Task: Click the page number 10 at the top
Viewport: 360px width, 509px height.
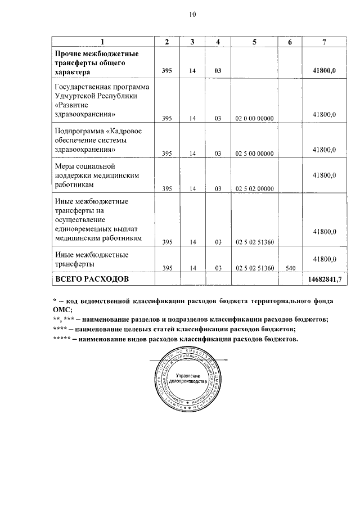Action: [x=192, y=15]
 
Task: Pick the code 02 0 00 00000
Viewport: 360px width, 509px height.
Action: [x=254, y=118]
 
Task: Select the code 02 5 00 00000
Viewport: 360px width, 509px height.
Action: [x=254, y=153]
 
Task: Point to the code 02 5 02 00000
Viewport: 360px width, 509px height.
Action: [x=254, y=188]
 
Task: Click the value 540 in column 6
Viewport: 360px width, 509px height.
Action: [x=290, y=268]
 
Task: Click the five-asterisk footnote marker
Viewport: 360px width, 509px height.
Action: [x=61, y=339]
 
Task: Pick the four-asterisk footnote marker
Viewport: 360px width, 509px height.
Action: [x=60, y=329]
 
